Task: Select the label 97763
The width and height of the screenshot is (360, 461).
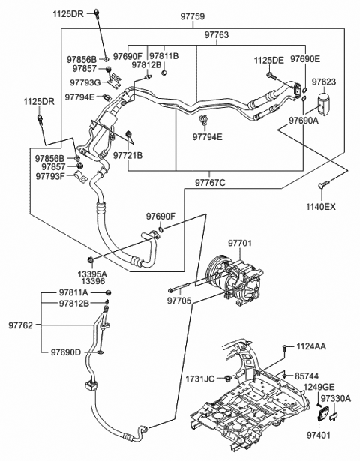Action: (x=196, y=34)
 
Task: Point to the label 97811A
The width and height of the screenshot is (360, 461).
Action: (x=74, y=292)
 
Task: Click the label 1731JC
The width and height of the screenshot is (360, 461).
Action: (x=199, y=378)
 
